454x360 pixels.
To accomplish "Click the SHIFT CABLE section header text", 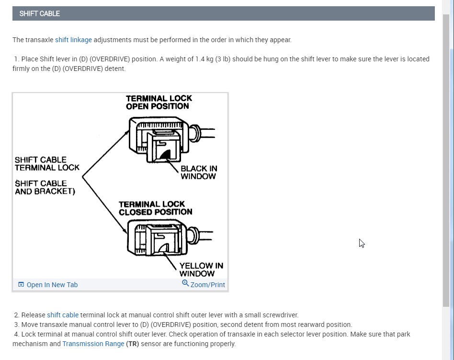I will (40, 14).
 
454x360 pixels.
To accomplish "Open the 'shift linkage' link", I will (73, 40).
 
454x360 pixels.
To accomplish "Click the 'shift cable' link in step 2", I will (62, 315).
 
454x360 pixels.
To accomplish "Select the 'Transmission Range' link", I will (93, 344).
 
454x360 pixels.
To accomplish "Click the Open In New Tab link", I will (52, 285).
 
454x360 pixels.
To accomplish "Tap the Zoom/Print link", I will (207, 285).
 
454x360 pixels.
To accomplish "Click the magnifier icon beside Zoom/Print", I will (185, 283).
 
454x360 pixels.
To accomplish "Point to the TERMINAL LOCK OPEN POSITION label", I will (159, 102).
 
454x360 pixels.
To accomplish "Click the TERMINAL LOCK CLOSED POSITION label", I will (155, 208).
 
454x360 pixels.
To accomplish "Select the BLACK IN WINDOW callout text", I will (198, 173).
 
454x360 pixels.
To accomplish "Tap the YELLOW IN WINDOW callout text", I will (201, 269).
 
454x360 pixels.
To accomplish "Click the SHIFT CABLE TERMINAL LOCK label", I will (47, 163).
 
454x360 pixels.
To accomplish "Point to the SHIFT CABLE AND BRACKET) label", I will (44, 187).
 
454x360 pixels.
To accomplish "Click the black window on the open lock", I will (166, 154).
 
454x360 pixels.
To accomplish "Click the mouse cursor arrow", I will (362, 243).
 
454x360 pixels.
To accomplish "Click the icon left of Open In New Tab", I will (21, 285).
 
